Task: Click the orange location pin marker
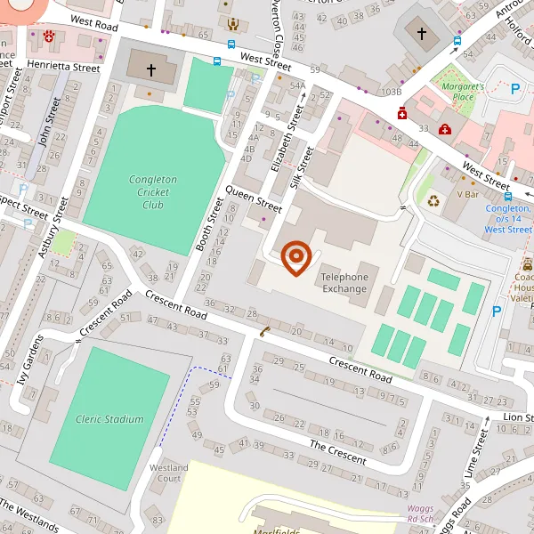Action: (x=295, y=257)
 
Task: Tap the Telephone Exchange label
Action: (x=344, y=282)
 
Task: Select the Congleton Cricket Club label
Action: (x=153, y=191)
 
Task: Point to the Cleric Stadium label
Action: (x=109, y=419)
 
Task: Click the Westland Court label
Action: (x=168, y=473)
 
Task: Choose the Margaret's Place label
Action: (x=464, y=92)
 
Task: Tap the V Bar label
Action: (x=468, y=194)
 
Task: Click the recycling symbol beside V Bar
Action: (x=433, y=200)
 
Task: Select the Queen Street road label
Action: (x=254, y=199)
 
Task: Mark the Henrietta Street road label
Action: (x=63, y=67)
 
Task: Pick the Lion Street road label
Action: (x=517, y=392)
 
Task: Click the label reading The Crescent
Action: (x=337, y=452)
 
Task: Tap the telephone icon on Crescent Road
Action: (x=264, y=332)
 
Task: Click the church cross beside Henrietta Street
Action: (x=151, y=69)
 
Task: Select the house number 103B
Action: (x=392, y=92)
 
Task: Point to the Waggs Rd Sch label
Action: (x=414, y=514)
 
